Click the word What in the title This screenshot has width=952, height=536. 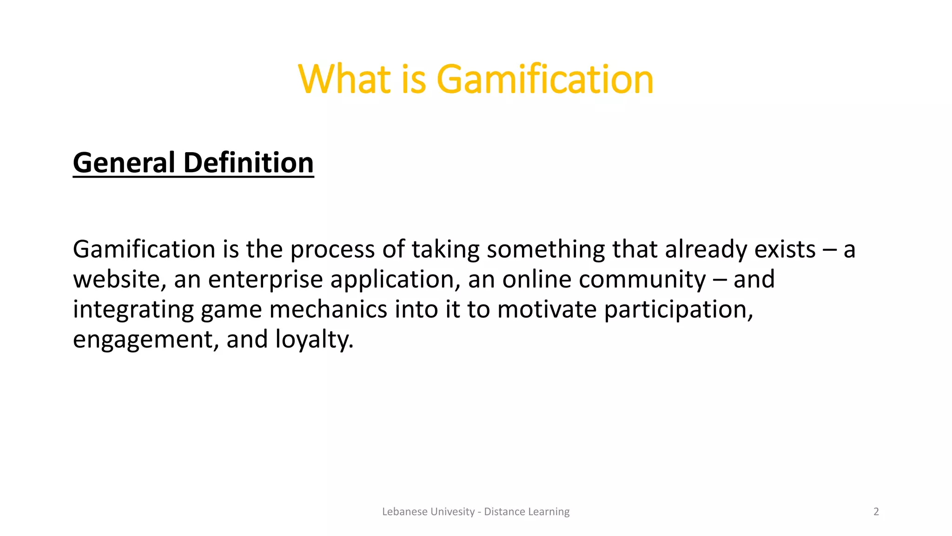coord(344,79)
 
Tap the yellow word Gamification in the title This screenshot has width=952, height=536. coord(545,79)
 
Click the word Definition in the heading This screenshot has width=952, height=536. coord(249,163)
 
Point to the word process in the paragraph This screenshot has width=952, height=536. coord(332,250)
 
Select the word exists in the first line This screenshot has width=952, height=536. coord(785,250)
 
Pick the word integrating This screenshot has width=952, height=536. coord(133,310)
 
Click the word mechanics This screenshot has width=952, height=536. coord(328,309)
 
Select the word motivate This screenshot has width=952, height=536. coord(547,309)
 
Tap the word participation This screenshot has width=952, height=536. coord(679,310)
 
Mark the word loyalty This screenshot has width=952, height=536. coord(314,340)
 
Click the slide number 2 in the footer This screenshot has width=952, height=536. coord(876,512)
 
